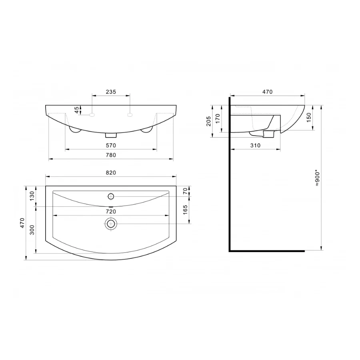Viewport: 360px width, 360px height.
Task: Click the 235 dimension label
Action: pyautogui.click(x=111, y=92)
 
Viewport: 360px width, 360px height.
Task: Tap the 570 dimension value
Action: pyautogui.click(x=111, y=145)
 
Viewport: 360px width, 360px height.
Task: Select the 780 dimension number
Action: pyautogui.click(x=111, y=155)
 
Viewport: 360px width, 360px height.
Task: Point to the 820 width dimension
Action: pyautogui.click(x=111, y=172)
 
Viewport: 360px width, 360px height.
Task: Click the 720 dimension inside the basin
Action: pyautogui.click(x=111, y=211)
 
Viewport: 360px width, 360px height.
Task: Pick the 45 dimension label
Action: pyautogui.click(x=77, y=110)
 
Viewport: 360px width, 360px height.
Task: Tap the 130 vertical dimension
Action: pyautogui.click(x=32, y=196)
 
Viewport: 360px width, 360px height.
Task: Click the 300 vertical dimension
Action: pyautogui.click(x=32, y=230)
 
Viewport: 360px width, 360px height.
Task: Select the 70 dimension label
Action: pyautogui.click(x=185, y=191)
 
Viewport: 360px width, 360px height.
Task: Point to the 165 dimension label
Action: pyautogui.click(x=185, y=210)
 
